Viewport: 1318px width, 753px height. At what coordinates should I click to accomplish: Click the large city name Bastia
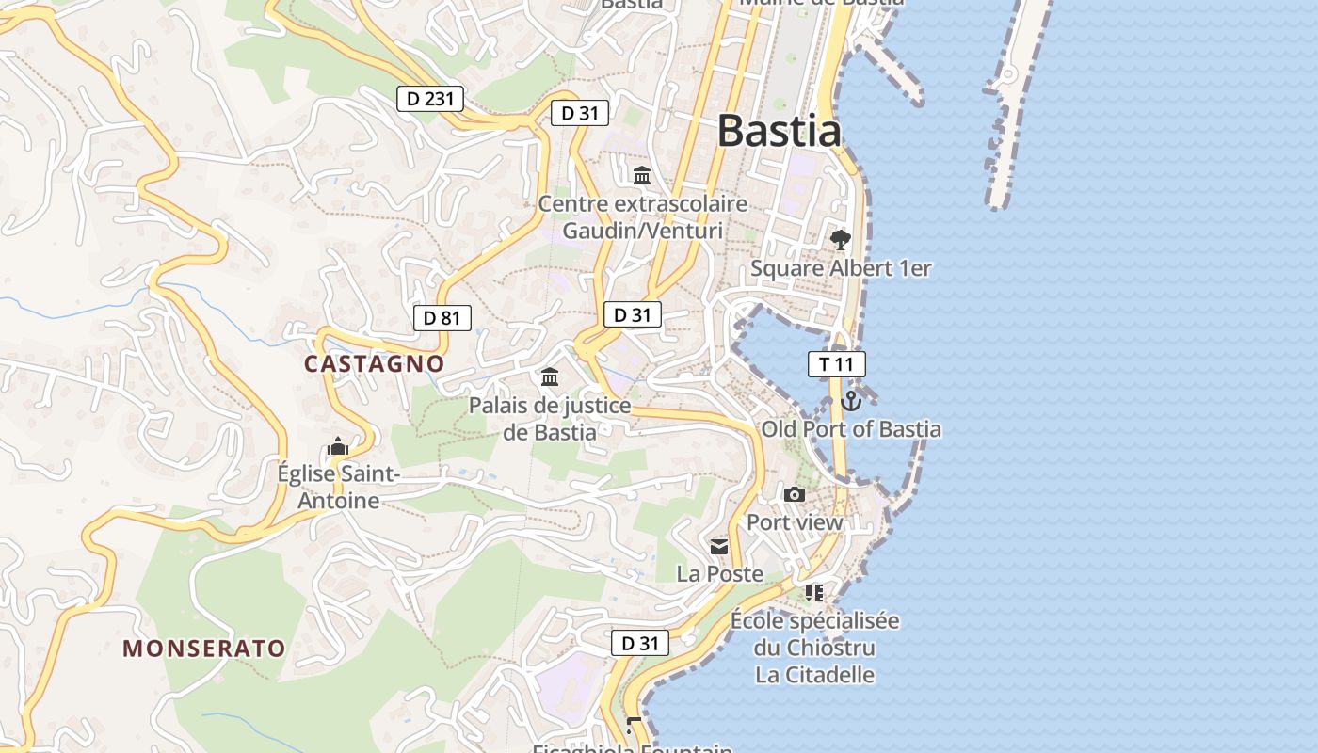[779, 131]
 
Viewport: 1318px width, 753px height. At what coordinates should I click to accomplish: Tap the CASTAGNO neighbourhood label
[374, 363]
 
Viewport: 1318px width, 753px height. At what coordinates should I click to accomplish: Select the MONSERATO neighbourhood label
[204, 649]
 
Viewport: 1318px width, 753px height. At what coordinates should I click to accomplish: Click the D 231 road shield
[430, 98]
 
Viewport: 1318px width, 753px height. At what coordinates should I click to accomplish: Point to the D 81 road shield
[442, 317]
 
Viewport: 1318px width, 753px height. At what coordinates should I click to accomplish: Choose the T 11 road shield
[836, 364]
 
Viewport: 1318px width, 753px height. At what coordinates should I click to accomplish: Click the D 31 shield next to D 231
[580, 113]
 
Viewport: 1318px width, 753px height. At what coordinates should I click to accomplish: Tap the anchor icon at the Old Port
[851, 401]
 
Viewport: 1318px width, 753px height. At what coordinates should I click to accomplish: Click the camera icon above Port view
[795, 494]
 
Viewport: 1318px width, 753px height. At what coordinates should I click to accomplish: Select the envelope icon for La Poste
[720, 546]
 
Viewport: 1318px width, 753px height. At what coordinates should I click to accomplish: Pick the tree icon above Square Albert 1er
[841, 239]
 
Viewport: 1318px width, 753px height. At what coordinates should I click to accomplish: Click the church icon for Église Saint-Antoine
[338, 446]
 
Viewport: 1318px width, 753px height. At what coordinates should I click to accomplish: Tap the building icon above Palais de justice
[550, 377]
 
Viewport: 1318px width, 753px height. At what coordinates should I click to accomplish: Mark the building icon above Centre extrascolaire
[643, 175]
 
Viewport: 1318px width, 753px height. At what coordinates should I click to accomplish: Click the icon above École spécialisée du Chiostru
[814, 593]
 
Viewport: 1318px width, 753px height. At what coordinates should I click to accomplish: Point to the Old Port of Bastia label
[851, 429]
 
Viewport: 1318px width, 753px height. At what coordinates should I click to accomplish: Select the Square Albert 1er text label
[841, 268]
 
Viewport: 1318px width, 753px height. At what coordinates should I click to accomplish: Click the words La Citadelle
[815, 675]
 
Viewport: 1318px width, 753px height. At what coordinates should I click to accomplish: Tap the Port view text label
[795, 522]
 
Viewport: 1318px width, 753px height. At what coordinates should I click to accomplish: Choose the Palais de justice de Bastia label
[550, 419]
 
